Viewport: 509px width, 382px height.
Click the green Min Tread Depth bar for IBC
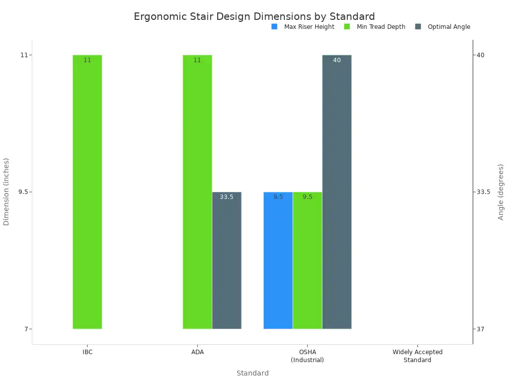pos(87,191)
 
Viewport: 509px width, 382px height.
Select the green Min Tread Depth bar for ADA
pos(197,191)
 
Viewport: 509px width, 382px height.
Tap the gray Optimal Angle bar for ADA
pos(227,260)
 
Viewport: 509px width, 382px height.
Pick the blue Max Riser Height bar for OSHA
pos(278,260)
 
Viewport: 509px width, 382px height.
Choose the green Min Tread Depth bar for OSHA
pos(307,260)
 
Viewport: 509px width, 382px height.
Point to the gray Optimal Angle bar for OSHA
pos(337,191)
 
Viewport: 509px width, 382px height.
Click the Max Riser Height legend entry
pos(303,27)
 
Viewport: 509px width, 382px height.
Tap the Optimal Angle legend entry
pos(443,27)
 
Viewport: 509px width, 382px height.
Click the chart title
pos(254,16)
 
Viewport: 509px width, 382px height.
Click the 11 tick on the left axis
pos(24,55)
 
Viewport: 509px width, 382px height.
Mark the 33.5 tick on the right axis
pos(484,192)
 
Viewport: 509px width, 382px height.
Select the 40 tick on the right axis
pos(481,55)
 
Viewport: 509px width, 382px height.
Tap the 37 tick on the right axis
pos(481,329)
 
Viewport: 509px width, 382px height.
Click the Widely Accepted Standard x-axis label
pos(417,356)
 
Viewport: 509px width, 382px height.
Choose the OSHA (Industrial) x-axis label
pos(307,356)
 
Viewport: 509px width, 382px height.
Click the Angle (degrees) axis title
pos(501,191)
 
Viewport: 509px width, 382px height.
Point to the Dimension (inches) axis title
pos(6,191)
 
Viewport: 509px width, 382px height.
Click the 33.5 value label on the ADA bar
pos(227,197)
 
